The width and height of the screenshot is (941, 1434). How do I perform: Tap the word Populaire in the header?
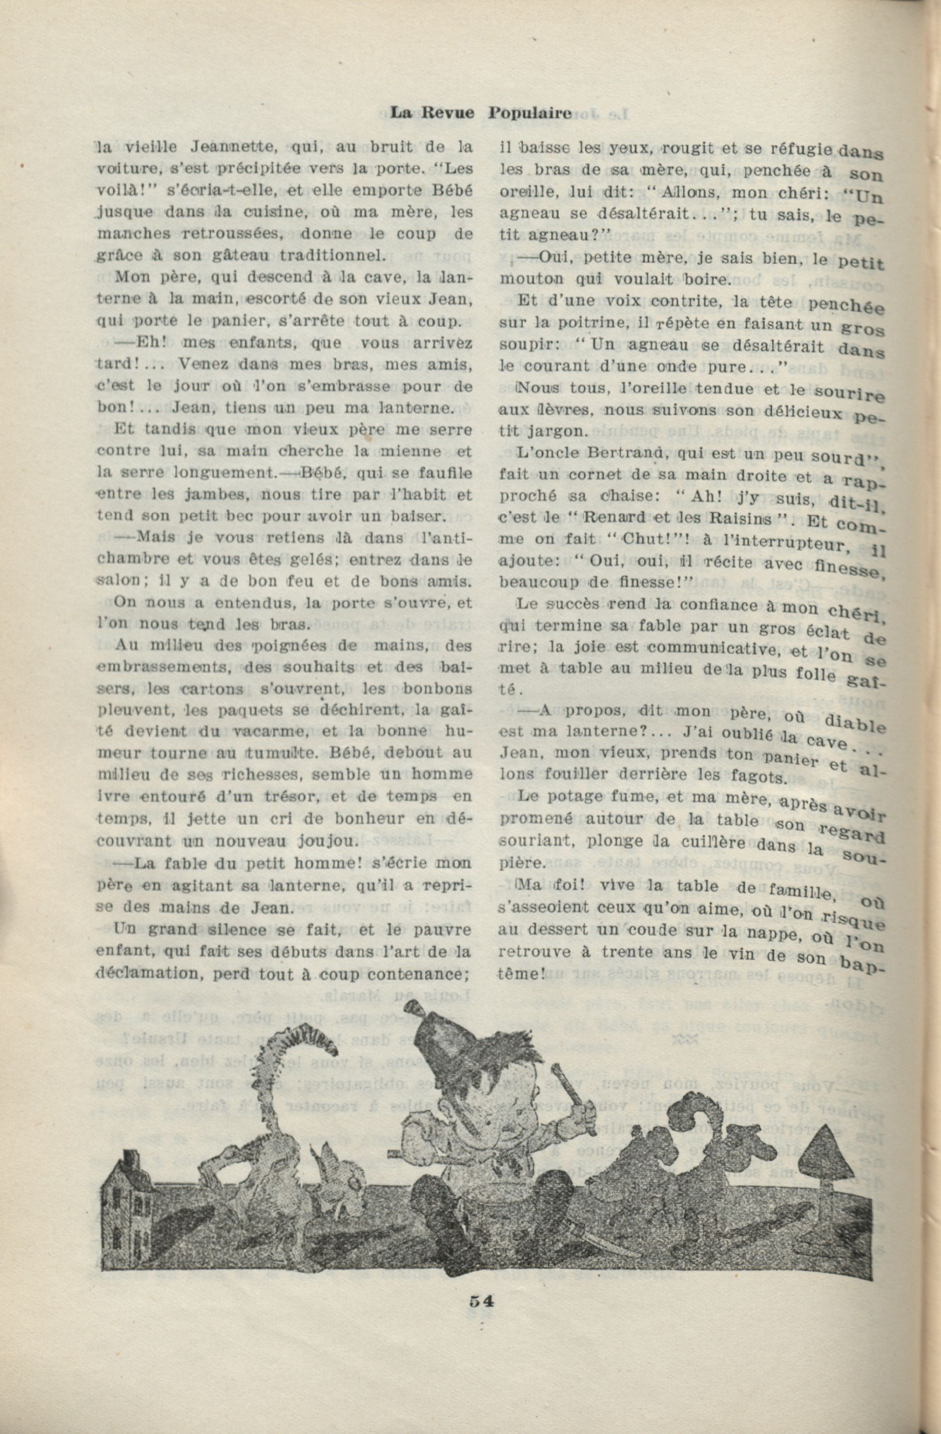pos(529,112)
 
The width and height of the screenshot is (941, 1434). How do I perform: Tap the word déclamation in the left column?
pos(143,974)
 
